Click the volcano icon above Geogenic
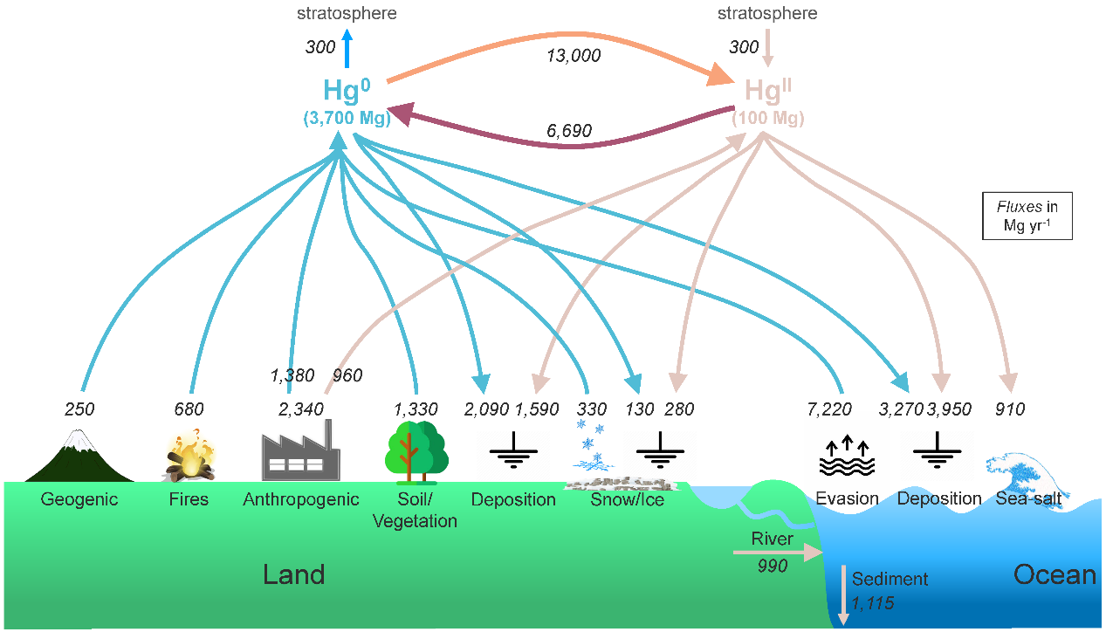tap(79, 456)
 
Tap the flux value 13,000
tap(573, 56)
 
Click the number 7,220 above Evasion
tap(835, 409)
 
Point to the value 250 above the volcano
tap(79, 409)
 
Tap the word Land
tap(294, 574)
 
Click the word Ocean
tap(1054, 574)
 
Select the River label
tap(773, 539)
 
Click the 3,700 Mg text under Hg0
tap(347, 119)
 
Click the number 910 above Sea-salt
tap(1009, 409)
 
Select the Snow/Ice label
tap(627, 500)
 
